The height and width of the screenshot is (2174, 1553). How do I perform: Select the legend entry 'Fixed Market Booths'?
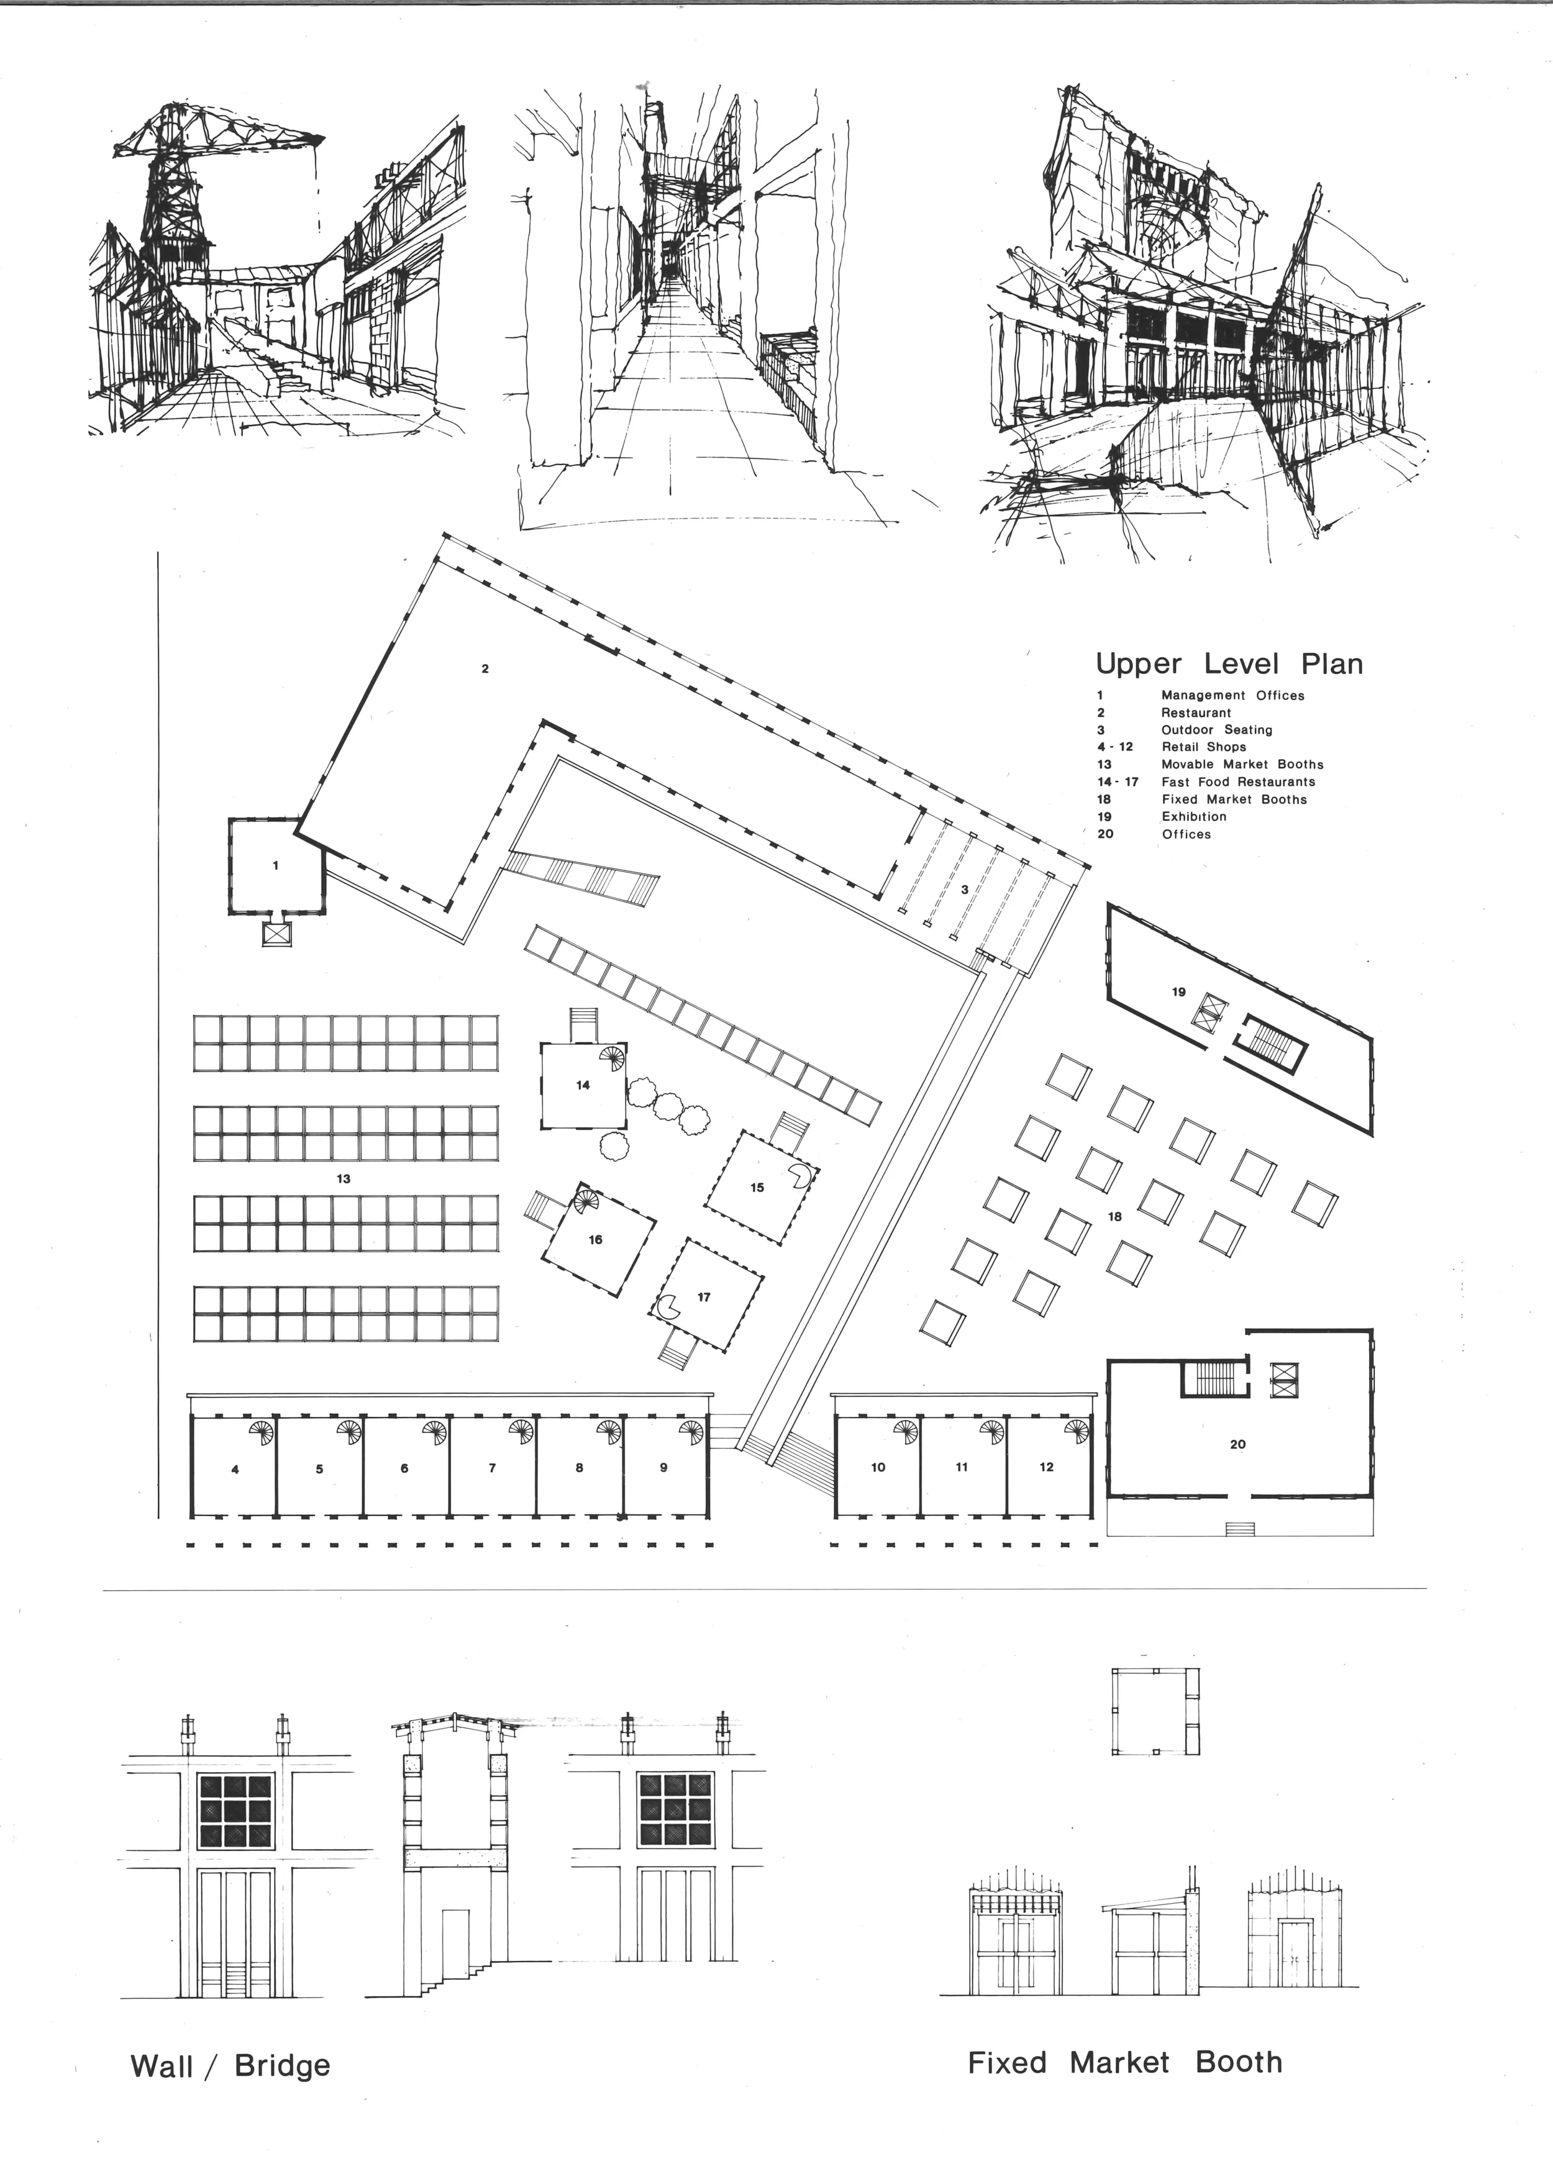[x=1234, y=799]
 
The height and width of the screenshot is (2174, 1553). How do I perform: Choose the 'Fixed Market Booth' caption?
[x=1124, y=2062]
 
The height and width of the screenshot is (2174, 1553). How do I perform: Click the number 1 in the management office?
[x=275, y=865]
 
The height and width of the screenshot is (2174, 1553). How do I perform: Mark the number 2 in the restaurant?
[x=485, y=669]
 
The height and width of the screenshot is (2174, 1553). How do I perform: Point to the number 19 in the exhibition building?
[x=1178, y=991]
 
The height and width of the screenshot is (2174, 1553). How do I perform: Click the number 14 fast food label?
[x=583, y=1085]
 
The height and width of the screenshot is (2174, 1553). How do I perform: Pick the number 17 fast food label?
[x=704, y=1298]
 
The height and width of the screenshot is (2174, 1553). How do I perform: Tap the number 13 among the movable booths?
[x=344, y=1179]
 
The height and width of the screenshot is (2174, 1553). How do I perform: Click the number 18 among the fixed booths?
[x=1114, y=1217]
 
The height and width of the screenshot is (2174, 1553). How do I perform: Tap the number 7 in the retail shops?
[x=493, y=1468]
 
